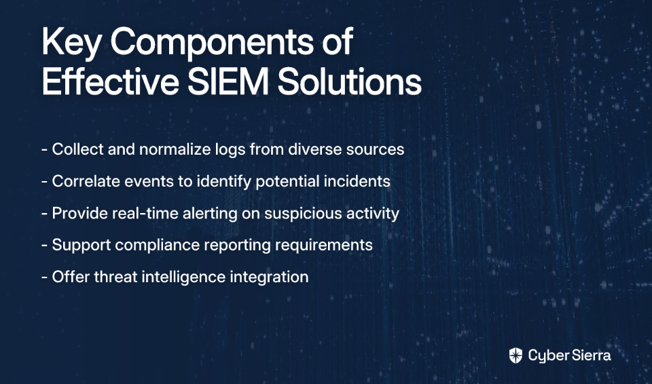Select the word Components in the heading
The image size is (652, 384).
213,43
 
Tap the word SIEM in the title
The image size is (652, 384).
228,81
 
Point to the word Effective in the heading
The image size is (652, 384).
110,81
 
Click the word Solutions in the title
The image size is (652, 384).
350,81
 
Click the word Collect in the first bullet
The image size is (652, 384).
77,149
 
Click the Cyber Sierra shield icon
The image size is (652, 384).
515,356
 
